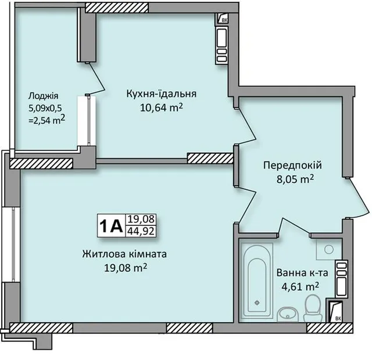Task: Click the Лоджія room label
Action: pyautogui.click(x=43, y=96)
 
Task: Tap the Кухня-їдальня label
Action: pyautogui.click(x=162, y=93)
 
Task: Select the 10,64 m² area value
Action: pyautogui.click(x=162, y=108)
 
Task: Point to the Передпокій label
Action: pyautogui.click(x=292, y=165)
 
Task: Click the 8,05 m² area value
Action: pyautogui.click(x=295, y=179)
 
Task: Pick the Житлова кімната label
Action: pyautogui.click(x=124, y=254)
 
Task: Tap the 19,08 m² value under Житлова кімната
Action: pyautogui.click(x=126, y=268)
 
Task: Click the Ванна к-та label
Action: pyautogui.click(x=302, y=273)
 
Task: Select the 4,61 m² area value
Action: pyautogui.click(x=300, y=287)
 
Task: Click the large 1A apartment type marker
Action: pyautogui.click(x=111, y=226)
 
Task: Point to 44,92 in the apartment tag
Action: pyautogui.click(x=141, y=231)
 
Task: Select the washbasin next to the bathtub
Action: pyautogui.click(x=288, y=314)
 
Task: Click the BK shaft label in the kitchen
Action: pyautogui.click(x=224, y=20)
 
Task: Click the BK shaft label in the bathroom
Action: pyautogui.click(x=338, y=319)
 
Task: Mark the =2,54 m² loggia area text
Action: pyautogui.click(x=46, y=120)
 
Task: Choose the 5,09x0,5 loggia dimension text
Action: pyautogui.click(x=45, y=109)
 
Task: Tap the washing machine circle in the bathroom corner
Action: pyautogui.click(x=329, y=249)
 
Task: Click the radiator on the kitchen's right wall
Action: pyautogui.click(x=221, y=45)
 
